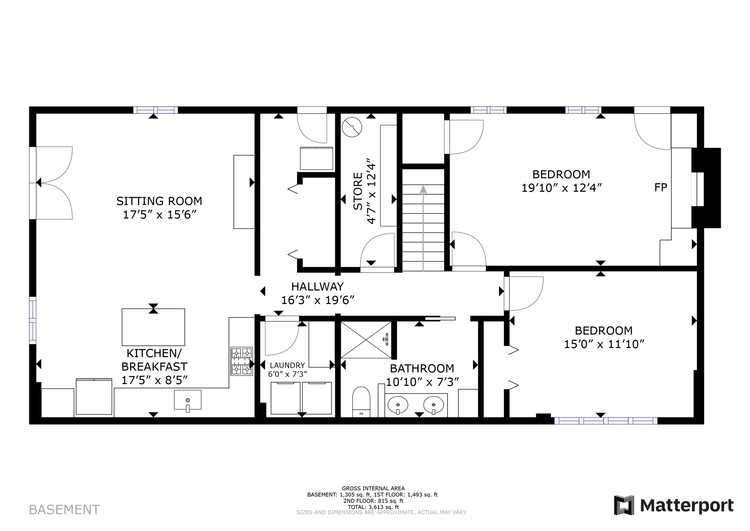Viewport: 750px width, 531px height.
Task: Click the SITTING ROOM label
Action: [x=159, y=201]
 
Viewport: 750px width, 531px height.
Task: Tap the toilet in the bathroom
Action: [x=361, y=402]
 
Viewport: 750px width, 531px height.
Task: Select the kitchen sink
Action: [x=187, y=400]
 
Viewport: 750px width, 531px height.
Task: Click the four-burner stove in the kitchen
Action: [x=241, y=361]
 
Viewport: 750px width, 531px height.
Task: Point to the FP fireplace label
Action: [x=661, y=188]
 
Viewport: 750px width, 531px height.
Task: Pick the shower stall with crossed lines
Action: [x=366, y=340]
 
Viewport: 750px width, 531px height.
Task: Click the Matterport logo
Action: [x=673, y=506]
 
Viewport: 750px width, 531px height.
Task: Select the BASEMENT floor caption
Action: [x=64, y=510]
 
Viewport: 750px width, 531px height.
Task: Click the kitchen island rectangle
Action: [x=153, y=327]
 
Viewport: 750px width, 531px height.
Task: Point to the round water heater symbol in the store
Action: [x=352, y=127]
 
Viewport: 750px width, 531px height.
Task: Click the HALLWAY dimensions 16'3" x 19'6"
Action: [x=318, y=300]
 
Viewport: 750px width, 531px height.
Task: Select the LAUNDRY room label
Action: [x=287, y=365]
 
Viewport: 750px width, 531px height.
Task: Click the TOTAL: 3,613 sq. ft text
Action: [x=373, y=507]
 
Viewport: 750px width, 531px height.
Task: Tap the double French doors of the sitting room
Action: [x=53, y=183]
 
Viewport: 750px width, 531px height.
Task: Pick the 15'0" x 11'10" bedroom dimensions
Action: [x=604, y=344]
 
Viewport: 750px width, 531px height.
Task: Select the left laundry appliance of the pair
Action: [x=285, y=398]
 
